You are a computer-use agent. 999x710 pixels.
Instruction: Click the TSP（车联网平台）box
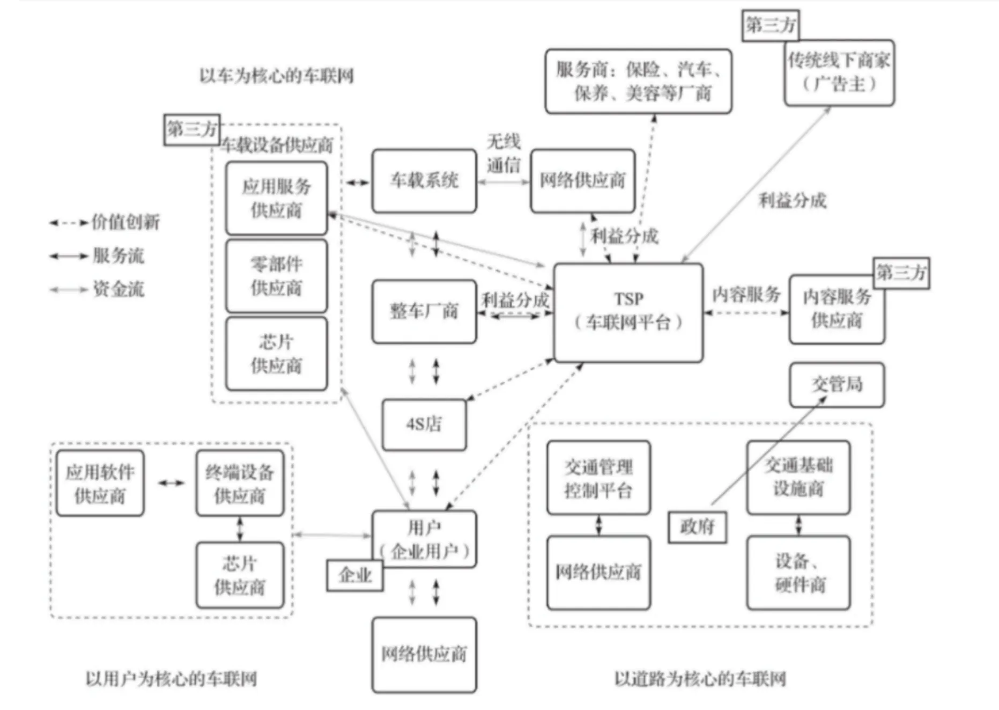(628, 312)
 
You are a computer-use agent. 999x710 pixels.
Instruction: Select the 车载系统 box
(424, 181)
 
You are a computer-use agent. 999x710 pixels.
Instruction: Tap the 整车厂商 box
(424, 311)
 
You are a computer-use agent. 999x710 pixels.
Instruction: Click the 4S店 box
(424, 424)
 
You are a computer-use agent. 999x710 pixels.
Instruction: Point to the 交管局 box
(837, 384)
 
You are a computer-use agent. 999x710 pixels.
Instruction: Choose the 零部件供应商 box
(276, 276)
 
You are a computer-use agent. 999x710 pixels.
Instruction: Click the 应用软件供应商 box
(100, 484)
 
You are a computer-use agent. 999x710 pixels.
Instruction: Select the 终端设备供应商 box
(240, 484)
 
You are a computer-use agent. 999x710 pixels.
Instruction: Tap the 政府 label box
(697, 527)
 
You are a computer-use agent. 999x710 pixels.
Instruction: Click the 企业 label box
(354, 575)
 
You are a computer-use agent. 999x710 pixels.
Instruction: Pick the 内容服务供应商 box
(837, 309)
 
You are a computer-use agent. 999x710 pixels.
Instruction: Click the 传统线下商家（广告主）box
(839, 72)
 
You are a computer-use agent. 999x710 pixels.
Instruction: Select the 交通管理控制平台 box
(598, 478)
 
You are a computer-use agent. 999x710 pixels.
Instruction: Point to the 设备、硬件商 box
(798, 573)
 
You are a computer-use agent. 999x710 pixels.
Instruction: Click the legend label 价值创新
(125, 222)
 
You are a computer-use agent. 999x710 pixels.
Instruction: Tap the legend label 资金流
(119, 289)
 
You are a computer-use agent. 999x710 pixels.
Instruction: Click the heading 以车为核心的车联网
(276, 76)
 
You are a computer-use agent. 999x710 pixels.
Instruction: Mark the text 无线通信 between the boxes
(503, 153)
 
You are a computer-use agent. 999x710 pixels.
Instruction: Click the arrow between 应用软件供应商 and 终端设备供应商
(171, 483)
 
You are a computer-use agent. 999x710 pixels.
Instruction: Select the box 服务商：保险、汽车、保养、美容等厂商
(638, 82)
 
